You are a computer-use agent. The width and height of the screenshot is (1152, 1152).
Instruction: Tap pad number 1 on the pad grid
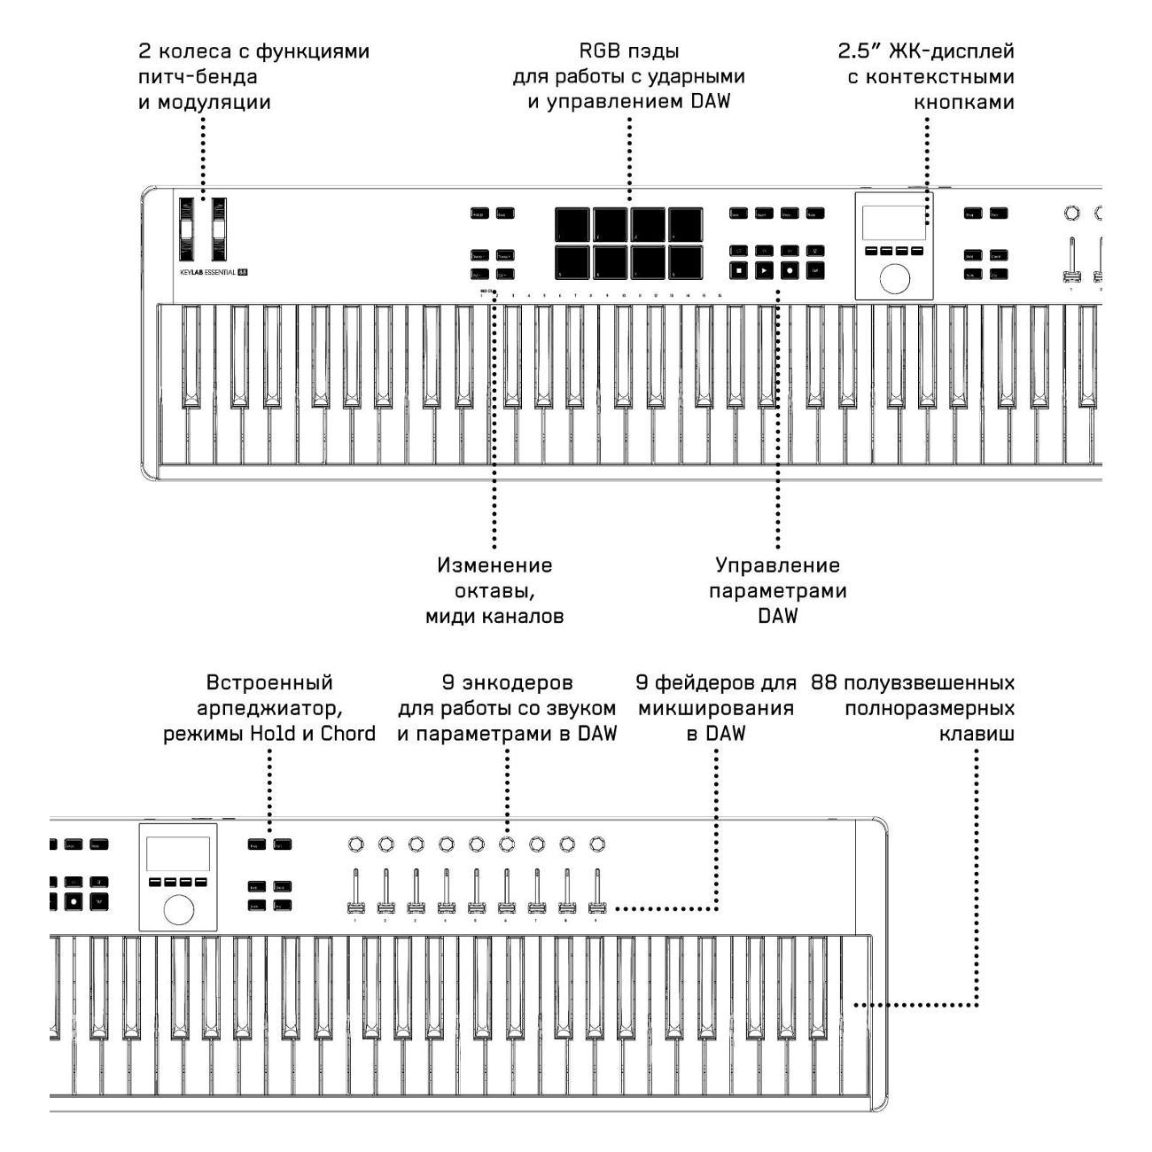(573, 224)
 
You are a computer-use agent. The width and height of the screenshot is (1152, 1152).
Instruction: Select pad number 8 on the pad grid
(685, 261)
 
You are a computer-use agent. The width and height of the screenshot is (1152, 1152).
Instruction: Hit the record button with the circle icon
(788, 269)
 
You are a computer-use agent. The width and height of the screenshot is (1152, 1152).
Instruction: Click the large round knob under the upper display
(894, 278)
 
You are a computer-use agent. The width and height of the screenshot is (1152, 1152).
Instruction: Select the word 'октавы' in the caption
(494, 591)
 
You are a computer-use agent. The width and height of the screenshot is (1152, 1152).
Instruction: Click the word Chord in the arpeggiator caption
(345, 733)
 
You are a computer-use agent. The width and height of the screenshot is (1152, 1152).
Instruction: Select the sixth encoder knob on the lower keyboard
(506, 843)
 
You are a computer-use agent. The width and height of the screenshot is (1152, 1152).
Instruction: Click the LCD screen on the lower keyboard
(178, 853)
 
